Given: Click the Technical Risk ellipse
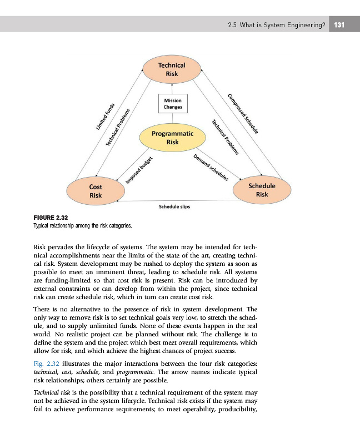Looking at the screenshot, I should point(172,69).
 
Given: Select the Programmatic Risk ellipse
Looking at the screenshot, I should point(172,138).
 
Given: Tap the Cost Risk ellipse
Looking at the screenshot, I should point(95,191).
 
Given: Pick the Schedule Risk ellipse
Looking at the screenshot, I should point(262,190).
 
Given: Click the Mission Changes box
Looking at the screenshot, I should point(173,103).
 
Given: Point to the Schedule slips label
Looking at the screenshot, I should point(174,207).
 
